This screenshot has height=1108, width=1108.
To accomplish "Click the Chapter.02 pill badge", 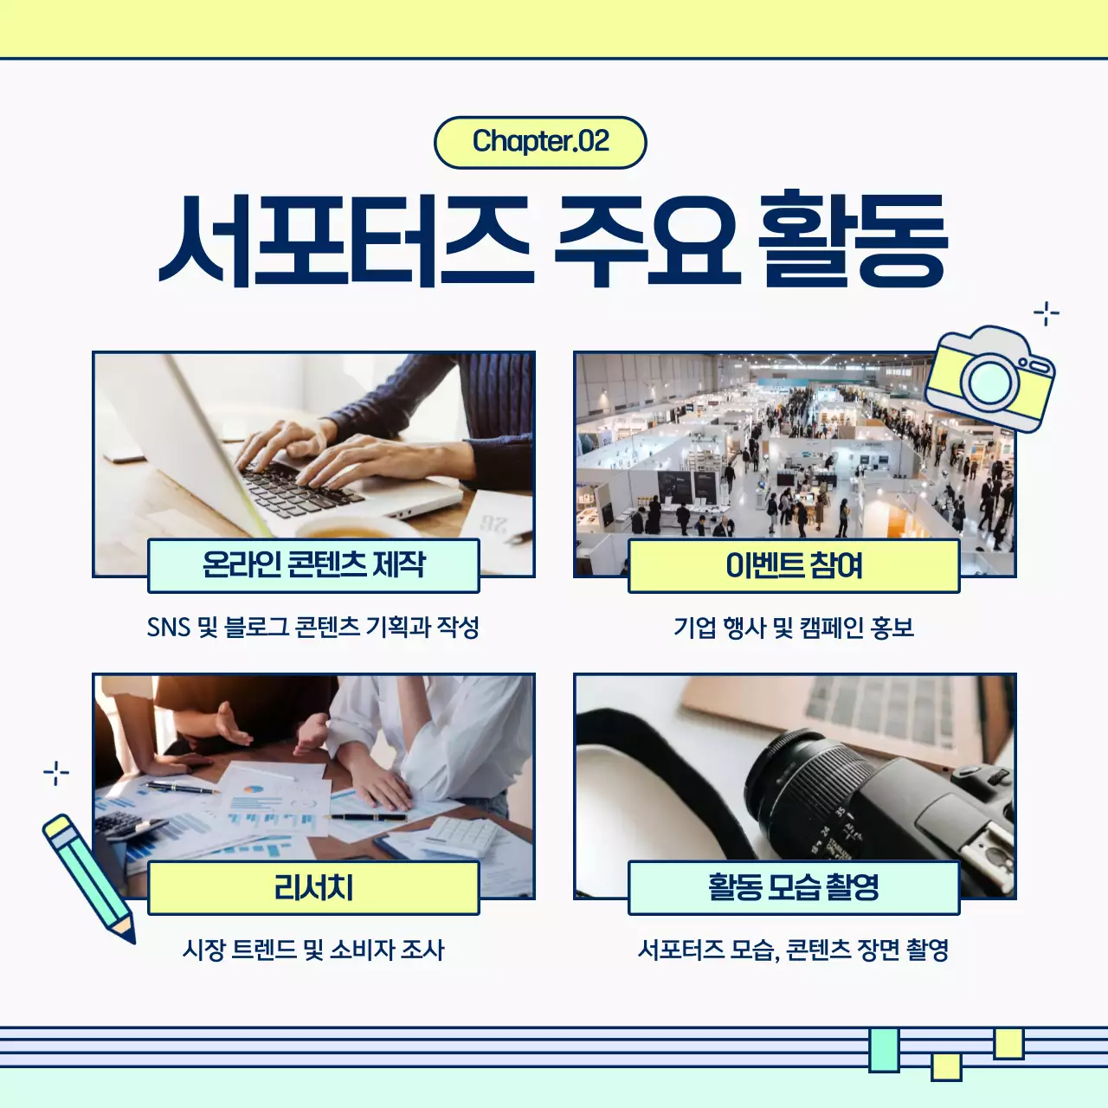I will [540, 142].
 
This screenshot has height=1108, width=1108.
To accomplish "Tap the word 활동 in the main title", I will [853, 240].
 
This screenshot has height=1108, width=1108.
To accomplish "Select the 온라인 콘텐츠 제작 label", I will [313, 565].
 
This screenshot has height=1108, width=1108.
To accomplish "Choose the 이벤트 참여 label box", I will [794, 565].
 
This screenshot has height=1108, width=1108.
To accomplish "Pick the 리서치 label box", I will [313, 887].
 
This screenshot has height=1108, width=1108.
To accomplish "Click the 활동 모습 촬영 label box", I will [794, 887].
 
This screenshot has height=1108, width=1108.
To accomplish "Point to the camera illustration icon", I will [990, 378].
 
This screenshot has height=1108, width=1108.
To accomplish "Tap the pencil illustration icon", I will [88, 877].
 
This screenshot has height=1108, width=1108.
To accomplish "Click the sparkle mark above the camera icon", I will [1047, 313].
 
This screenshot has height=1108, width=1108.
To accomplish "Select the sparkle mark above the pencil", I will [56, 772].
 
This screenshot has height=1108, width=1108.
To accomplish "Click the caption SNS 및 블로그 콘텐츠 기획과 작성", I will [313, 627].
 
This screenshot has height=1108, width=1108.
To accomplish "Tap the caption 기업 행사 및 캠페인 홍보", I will [794, 627].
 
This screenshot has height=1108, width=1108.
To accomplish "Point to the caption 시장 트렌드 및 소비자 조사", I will [313, 950].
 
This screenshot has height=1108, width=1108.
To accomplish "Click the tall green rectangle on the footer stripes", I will [884, 1050].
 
